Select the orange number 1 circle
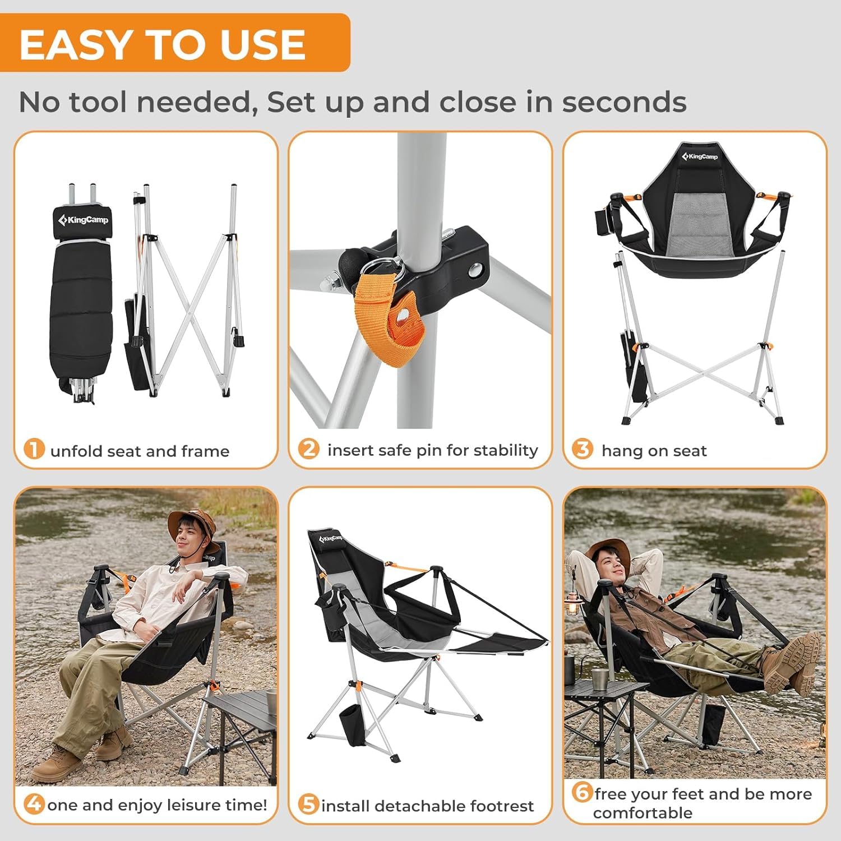(x=34, y=449)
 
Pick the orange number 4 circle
(x=34, y=803)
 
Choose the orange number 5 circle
(x=308, y=804)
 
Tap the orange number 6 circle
(x=583, y=792)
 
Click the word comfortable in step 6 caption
(x=643, y=813)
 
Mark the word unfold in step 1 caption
(x=76, y=451)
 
